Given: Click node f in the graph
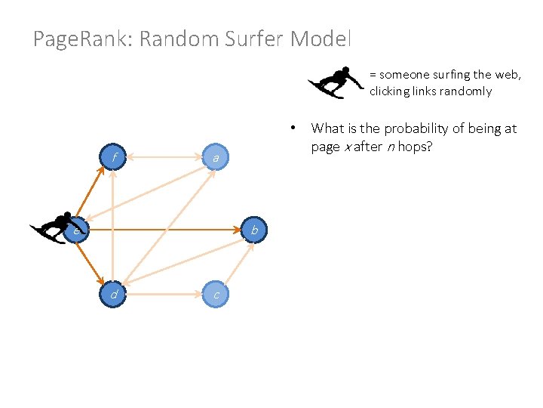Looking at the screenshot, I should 113,158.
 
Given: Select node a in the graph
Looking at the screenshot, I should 216,158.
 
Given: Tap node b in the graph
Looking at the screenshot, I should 254,229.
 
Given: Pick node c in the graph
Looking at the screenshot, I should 216,294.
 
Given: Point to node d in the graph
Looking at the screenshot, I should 113,294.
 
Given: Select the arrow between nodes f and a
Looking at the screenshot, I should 164,158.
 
